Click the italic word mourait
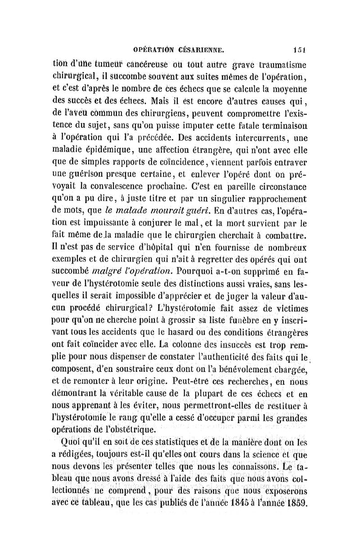(168, 208)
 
